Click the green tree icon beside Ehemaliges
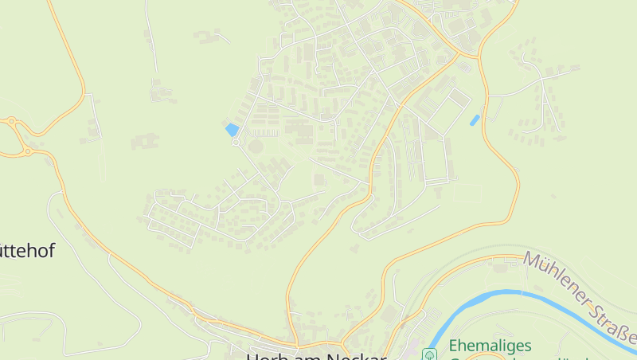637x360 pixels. [x=429, y=353]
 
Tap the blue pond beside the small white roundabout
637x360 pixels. [x=232, y=129]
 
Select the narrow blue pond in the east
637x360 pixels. [x=475, y=120]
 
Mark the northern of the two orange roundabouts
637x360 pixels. [x=11, y=122]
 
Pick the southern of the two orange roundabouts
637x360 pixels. [x=27, y=151]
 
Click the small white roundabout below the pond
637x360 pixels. [x=236, y=142]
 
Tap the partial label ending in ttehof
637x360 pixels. [x=27, y=251]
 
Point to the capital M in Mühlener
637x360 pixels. [x=532, y=261]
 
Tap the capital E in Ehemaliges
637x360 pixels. [x=452, y=346]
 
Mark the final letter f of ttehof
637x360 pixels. [x=51, y=251]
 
